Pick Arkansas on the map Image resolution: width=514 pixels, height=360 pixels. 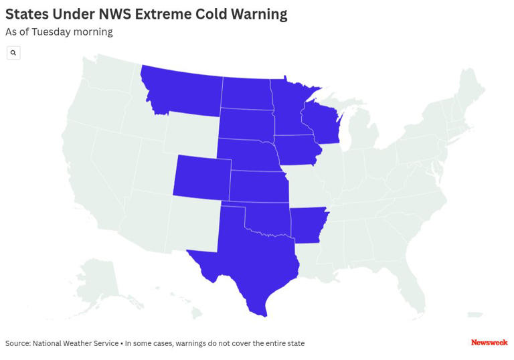pos(308,224)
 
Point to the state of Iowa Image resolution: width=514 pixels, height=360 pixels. pos(297,149)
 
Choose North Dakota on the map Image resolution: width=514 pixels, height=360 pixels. pos(246,94)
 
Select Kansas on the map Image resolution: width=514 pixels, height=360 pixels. pos(259,185)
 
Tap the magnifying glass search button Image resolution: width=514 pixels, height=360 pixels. pos(13,53)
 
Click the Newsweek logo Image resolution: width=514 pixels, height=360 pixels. pos(489,343)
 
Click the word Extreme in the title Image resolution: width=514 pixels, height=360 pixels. pos(165,13)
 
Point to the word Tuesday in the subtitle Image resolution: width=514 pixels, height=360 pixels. pos(54,31)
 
